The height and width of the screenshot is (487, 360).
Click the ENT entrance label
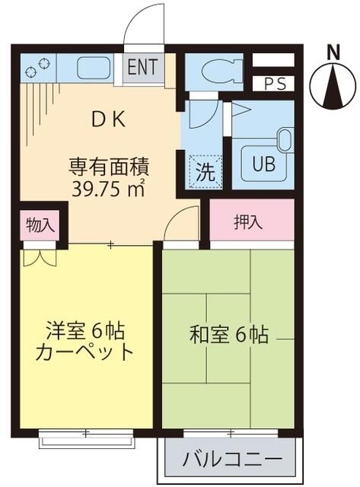coord(142,66)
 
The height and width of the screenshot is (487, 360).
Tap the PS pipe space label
coord(276,84)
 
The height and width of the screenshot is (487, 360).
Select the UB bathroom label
coord(263,164)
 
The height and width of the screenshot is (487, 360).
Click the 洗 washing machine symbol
coord(205,172)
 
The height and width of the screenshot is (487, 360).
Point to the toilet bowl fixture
coord(218,72)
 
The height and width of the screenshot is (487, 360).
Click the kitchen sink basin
coord(94,68)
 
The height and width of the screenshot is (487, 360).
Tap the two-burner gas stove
coord(37,68)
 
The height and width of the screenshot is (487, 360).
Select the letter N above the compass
coord(334,53)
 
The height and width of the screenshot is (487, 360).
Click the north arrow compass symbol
coord(333,86)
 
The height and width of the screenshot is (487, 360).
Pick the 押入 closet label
coord(248,222)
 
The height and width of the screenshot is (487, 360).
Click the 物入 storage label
coord(40,225)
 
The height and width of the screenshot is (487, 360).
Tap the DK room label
coord(109,119)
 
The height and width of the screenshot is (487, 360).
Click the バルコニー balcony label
coord(233,459)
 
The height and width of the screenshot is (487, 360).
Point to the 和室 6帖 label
coord(228,335)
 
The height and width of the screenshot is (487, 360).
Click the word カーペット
coord(84,352)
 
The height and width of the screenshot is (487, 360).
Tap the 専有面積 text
coord(109,167)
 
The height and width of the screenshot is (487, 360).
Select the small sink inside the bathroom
coord(284,140)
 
